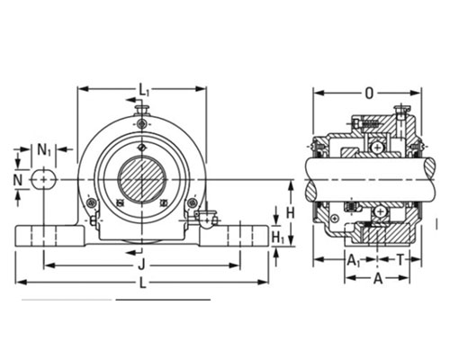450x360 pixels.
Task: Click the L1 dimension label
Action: pyautogui.click(x=143, y=90)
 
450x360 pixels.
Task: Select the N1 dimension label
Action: pyautogui.click(x=44, y=149)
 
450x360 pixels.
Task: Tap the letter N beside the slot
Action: pyautogui.click(x=18, y=181)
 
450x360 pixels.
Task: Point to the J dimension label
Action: pyautogui.click(x=141, y=265)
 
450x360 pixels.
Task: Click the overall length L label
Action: pyautogui.click(x=143, y=283)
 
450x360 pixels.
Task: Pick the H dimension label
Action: pyautogui.click(x=290, y=213)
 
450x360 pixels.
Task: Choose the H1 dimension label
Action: pyautogui.click(x=278, y=238)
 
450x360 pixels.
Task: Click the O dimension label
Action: pyautogui.click(x=369, y=94)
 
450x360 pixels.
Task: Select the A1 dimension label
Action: pyautogui.click(x=354, y=260)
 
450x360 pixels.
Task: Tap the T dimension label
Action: pyautogui.click(x=400, y=259)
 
